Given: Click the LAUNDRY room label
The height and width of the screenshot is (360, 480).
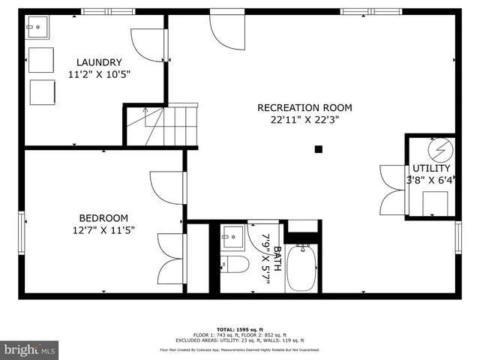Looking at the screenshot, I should pyautogui.click(x=98, y=62).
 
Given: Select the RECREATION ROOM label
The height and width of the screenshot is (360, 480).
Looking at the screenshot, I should pyautogui.click(x=304, y=107).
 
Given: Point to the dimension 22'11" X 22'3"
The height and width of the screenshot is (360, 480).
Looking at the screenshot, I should pyautogui.click(x=304, y=119).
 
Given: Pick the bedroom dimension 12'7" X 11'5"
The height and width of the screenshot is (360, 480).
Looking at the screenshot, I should pyautogui.click(x=103, y=230).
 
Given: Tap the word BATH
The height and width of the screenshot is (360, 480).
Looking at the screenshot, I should pyautogui.click(x=277, y=259).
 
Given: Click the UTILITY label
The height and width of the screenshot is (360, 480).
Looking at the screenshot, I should pyautogui.click(x=431, y=169).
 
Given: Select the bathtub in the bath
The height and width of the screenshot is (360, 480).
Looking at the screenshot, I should pyautogui.click(x=302, y=270).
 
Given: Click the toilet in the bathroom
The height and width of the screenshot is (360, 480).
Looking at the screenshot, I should pyautogui.click(x=235, y=265).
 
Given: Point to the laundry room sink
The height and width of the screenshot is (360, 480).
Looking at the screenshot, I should pyautogui.click(x=34, y=30).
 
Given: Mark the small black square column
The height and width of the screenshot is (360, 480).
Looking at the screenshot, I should pyautogui.click(x=319, y=149).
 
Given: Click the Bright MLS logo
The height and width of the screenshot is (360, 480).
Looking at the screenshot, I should pyautogui.click(x=30, y=349).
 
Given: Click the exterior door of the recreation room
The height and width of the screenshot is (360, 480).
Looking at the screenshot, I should pyautogui.click(x=225, y=30).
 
